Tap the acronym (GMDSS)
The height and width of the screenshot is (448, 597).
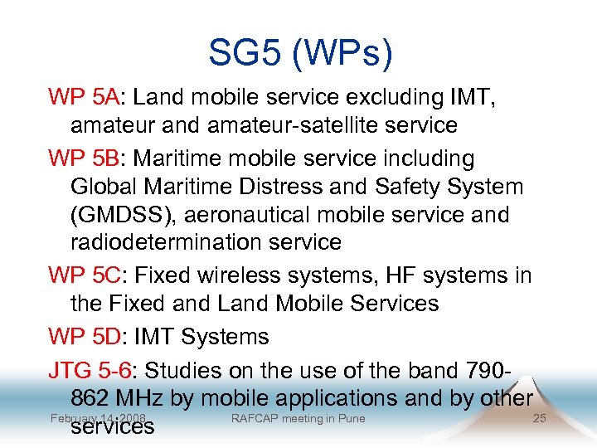124,215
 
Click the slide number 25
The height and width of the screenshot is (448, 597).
539,418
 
